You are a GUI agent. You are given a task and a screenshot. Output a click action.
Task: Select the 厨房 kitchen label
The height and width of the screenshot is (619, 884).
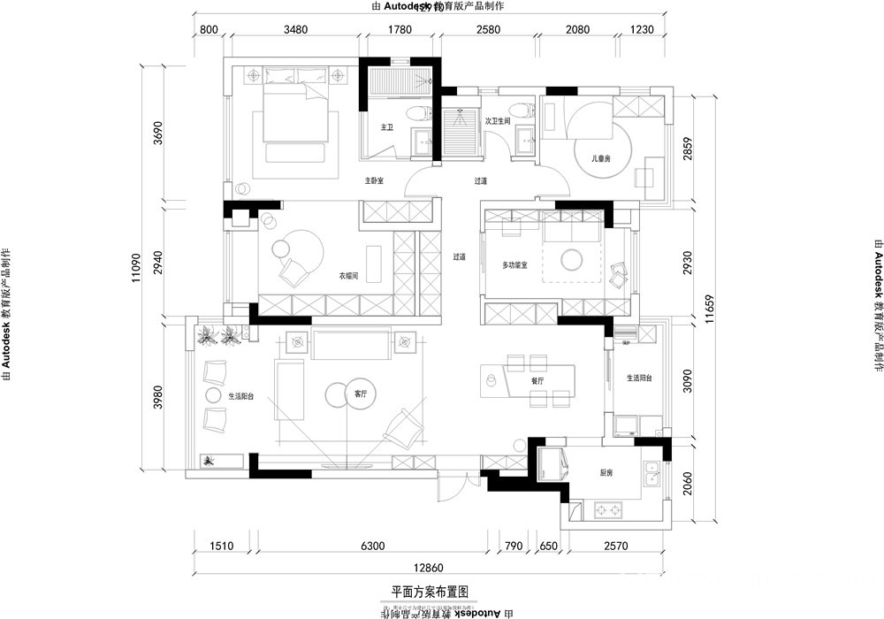point(606,473)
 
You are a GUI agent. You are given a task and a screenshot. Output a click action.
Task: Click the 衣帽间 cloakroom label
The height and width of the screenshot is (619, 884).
point(348,276)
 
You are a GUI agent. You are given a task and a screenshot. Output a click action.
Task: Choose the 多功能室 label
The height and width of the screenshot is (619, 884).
point(514,264)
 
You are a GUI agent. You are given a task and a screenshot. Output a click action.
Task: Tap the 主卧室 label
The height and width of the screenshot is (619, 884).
point(375,180)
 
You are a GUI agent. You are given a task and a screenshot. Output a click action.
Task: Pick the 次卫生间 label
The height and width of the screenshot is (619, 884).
point(498,121)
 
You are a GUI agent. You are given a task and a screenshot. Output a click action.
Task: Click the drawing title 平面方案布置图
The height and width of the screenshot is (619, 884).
point(429,591)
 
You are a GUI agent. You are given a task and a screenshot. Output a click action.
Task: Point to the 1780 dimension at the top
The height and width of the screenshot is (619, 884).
point(400,30)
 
